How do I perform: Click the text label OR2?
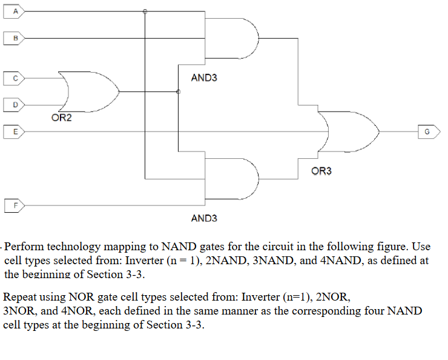pyautogui.click(x=61, y=118)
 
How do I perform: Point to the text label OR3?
pyautogui.click(x=321, y=172)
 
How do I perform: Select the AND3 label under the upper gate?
pyautogui.click(x=203, y=78)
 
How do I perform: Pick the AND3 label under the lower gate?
pyautogui.click(x=203, y=218)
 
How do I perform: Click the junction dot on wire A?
pyautogui.click(x=145, y=11)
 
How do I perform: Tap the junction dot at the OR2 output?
pyautogui.click(x=178, y=92)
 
